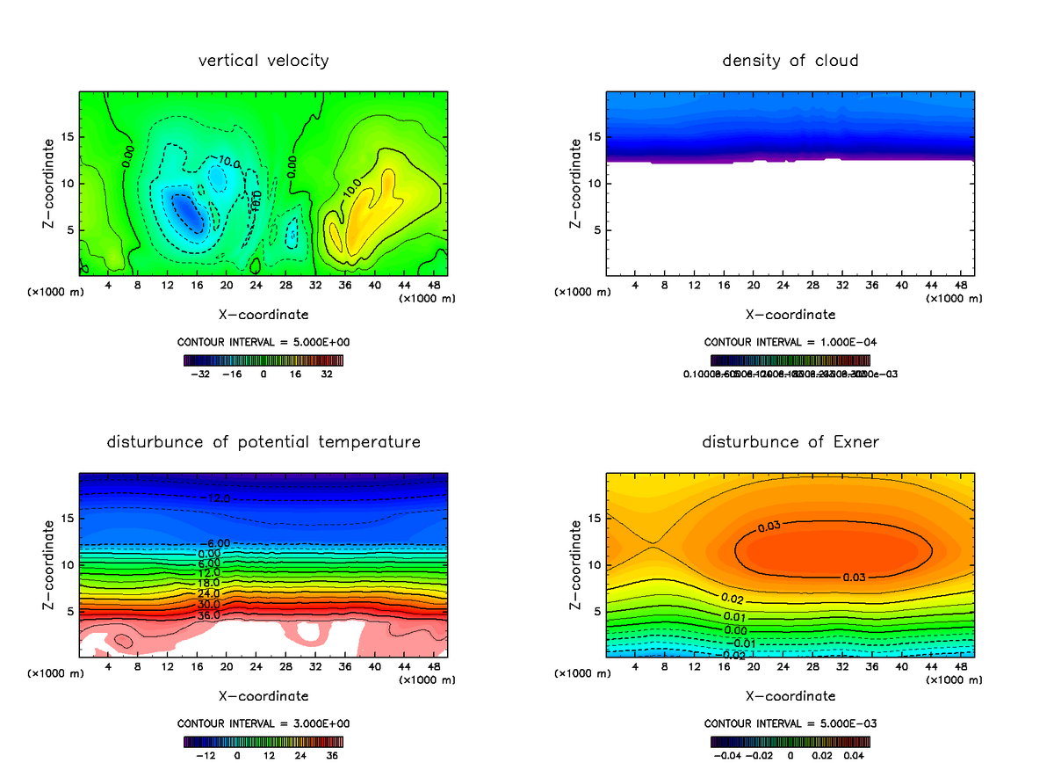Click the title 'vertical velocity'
[x=263, y=61]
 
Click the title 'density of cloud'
[x=790, y=61]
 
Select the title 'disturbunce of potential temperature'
[x=263, y=441]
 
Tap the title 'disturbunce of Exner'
[x=790, y=441]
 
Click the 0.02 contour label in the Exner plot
[x=733, y=598]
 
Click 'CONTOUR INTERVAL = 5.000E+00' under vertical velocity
[x=263, y=342]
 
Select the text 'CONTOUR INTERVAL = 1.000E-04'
[x=790, y=342]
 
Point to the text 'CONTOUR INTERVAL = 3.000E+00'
[x=263, y=723]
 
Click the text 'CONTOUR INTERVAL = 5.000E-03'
[x=790, y=723]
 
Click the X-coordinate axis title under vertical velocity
[x=263, y=314]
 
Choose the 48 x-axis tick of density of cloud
[x=960, y=286]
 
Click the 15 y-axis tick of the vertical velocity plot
[x=67, y=137]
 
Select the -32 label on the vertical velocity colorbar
[x=204, y=374]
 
